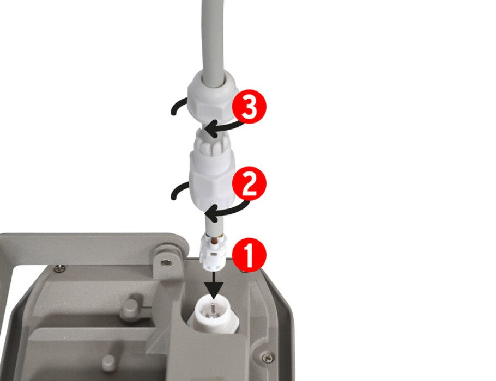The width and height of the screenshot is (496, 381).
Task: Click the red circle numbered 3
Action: point(249,107)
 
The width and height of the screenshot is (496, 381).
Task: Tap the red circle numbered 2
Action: point(249,183)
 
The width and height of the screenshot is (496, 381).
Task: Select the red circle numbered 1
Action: point(249,255)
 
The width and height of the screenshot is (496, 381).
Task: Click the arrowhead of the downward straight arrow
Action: point(214,290)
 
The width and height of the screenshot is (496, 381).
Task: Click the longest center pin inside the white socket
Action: point(214,307)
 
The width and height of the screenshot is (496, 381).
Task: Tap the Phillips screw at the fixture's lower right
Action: point(268,357)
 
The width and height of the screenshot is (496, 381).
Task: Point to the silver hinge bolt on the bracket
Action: point(167,262)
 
